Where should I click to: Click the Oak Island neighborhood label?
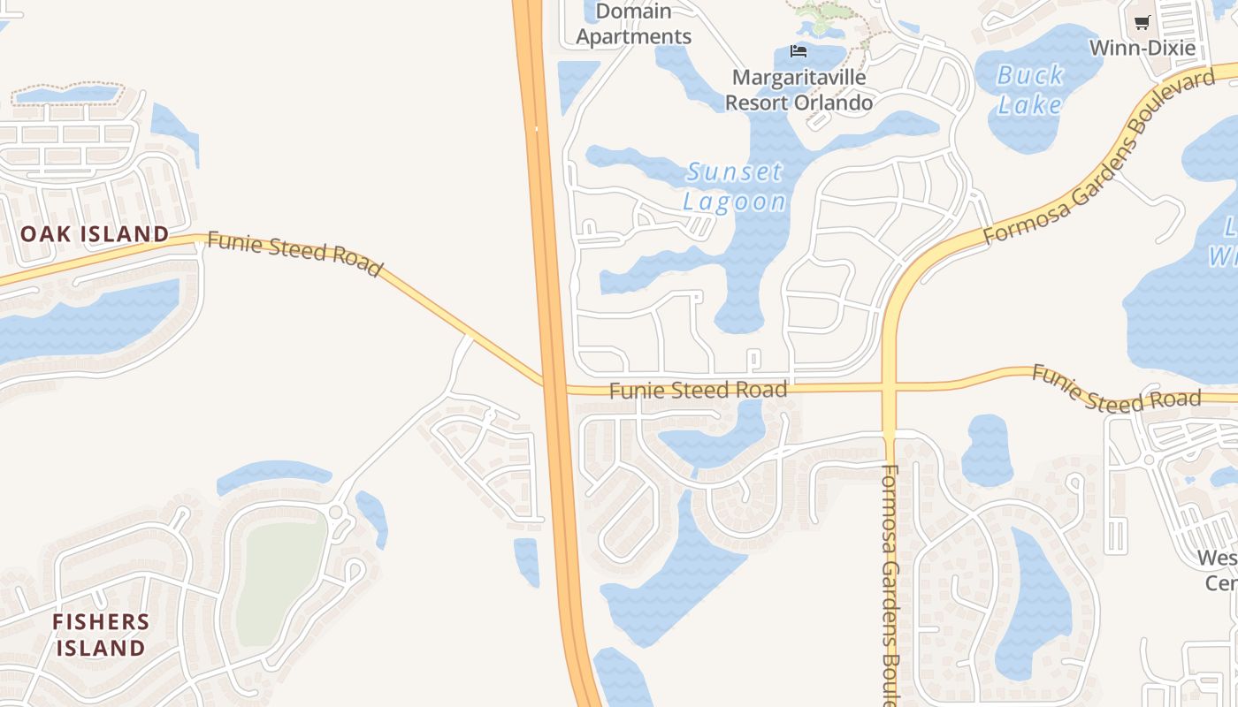[x=95, y=234]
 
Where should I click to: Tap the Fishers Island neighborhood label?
[x=100, y=635]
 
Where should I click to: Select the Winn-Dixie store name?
[x=1142, y=48]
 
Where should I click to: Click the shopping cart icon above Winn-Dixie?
[x=1142, y=23]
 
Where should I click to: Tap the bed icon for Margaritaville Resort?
[x=799, y=51]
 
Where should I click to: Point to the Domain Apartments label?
[x=633, y=24]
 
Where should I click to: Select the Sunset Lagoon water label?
[x=734, y=186]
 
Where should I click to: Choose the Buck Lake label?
[x=1030, y=90]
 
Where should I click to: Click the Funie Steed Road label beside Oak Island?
[x=295, y=255]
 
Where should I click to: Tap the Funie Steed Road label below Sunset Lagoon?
[x=698, y=390]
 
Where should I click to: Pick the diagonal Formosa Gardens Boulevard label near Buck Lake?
[x=1099, y=156]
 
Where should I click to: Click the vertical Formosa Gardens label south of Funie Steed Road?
[x=890, y=583]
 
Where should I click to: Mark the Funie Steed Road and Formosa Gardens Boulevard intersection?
[x=890, y=387]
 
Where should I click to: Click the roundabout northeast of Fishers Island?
[x=335, y=512]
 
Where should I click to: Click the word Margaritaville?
[x=799, y=78]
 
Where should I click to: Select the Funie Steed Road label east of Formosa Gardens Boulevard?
[x=1116, y=390]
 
